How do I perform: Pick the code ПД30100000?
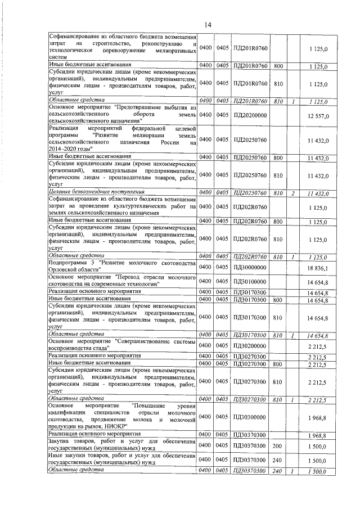tap(251, 281)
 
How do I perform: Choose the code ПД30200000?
tap(251, 345)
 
